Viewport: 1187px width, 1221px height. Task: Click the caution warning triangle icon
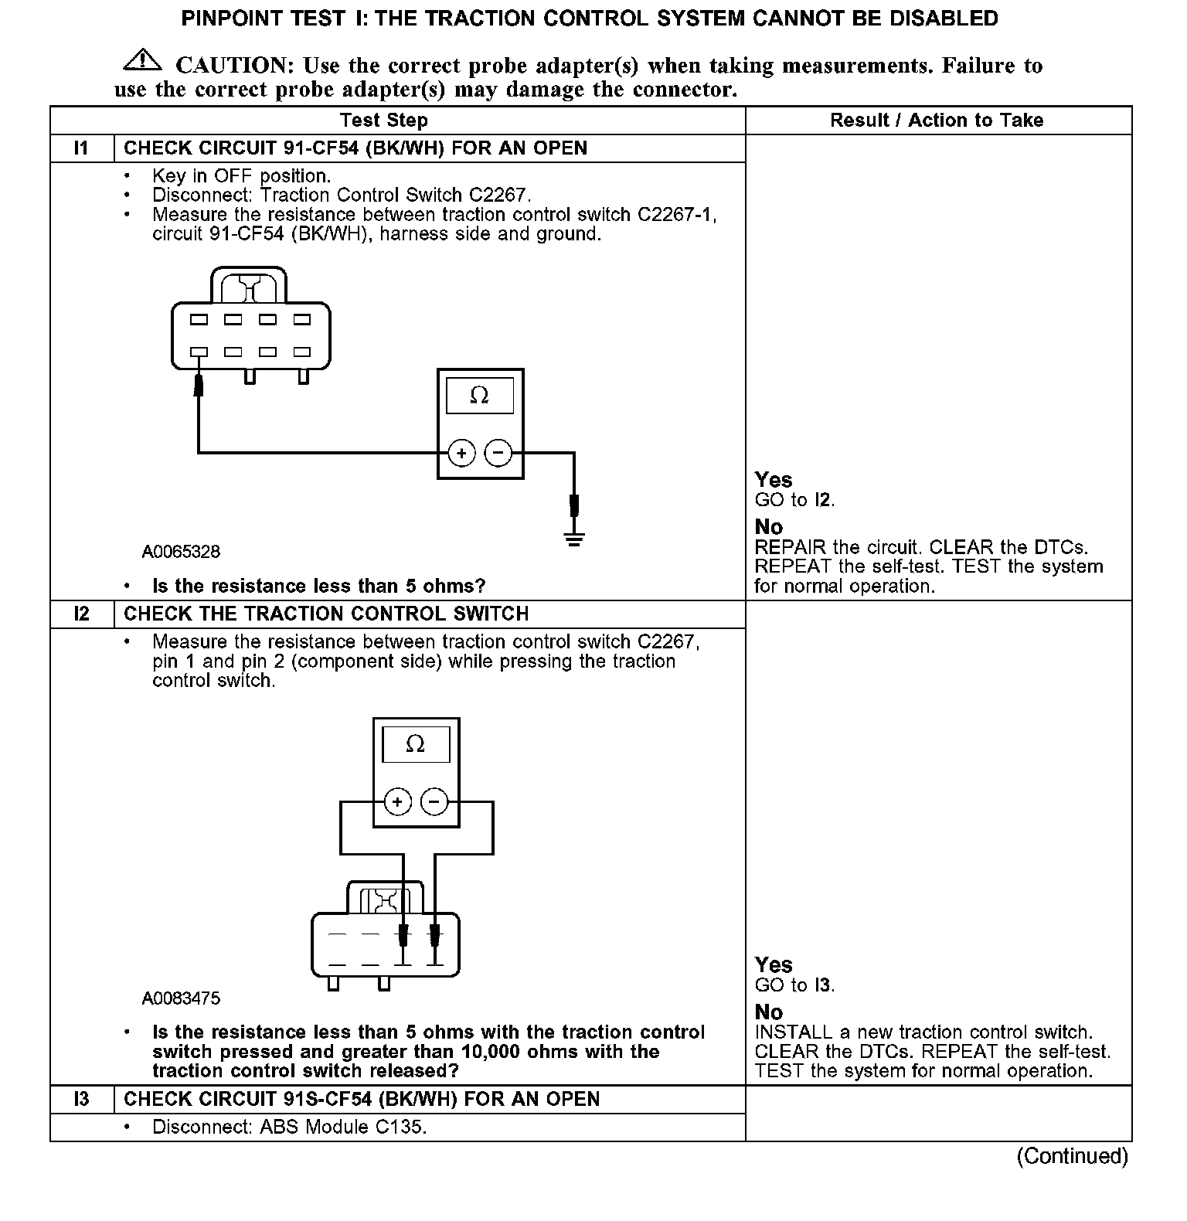[141, 60]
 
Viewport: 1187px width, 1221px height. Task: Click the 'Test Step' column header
[383, 121]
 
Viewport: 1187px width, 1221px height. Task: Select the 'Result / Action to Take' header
[936, 121]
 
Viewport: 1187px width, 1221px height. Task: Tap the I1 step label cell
[82, 148]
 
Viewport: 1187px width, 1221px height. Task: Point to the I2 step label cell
[82, 614]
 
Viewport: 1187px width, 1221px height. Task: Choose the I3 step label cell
[82, 1100]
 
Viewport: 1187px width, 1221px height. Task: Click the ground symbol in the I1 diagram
[573, 539]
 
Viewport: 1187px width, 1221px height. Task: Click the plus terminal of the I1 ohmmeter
[461, 453]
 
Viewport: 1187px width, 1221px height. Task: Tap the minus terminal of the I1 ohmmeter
[498, 453]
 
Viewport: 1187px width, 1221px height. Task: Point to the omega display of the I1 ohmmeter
[479, 396]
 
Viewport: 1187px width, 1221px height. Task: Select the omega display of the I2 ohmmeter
[415, 744]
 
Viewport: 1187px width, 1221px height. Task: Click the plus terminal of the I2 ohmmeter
[397, 802]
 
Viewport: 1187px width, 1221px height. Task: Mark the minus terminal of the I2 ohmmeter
[434, 802]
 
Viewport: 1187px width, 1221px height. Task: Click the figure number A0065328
[181, 552]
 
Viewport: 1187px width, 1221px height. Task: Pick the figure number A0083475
[181, 998]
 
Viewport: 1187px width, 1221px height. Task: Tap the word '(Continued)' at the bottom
[1072, 1156]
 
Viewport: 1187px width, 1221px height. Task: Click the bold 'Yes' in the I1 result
[774, 480]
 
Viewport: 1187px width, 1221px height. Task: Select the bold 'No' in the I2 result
[769, 1012]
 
